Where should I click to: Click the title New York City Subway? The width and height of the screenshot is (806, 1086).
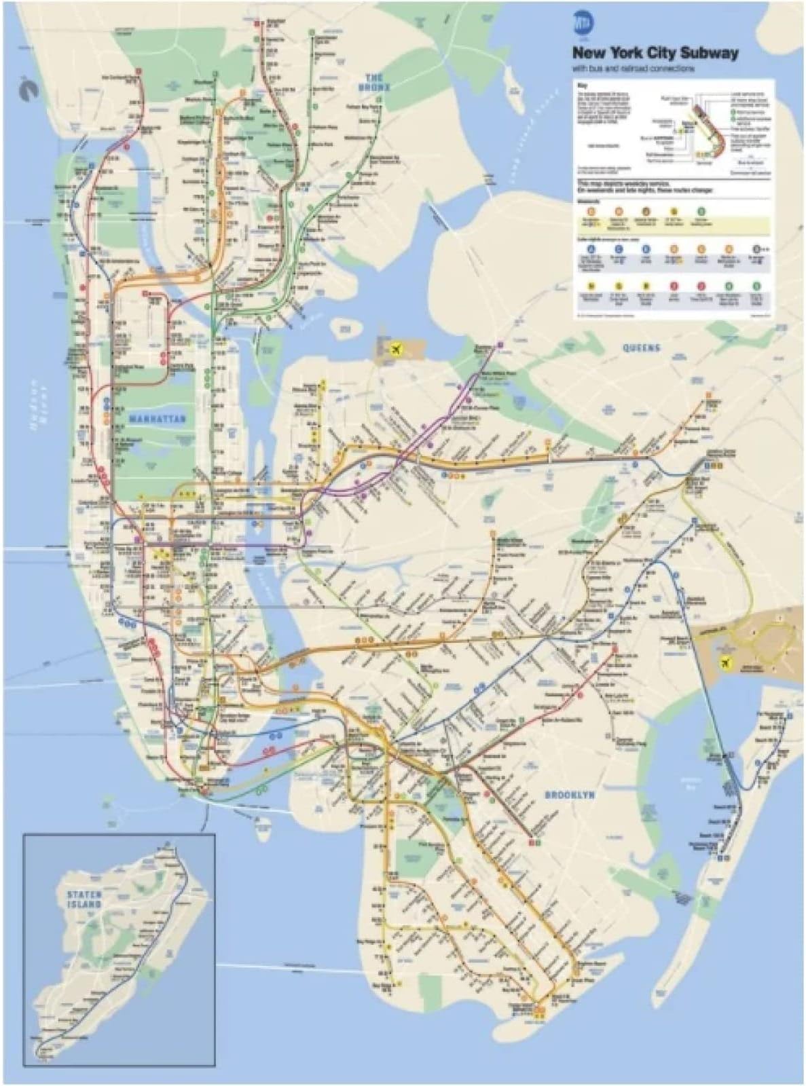click(x=655, y=53)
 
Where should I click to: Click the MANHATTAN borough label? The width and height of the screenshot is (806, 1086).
click(x=157, y=419)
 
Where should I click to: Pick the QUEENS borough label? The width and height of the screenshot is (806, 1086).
click(x=641, y=348)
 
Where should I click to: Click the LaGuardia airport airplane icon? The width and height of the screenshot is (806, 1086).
click(x=395, y=350)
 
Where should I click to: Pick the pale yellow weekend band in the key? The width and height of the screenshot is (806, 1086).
click(x=672, y=225)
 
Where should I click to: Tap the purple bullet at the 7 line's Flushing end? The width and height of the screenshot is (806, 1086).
click(x=500, y=343)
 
